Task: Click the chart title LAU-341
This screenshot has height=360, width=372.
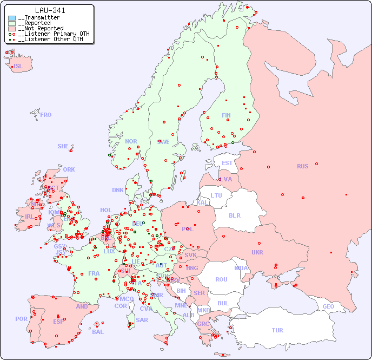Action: click(50, 10)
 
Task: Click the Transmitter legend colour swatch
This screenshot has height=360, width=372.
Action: click(12, 18)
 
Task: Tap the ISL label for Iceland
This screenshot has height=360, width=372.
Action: click(18, 67)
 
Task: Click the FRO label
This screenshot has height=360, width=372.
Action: click(46, 115)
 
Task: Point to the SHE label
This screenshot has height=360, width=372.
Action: click(63, 146)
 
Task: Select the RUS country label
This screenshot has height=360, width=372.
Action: click(302, 166)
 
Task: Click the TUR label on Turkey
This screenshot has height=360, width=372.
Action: click(277, 330)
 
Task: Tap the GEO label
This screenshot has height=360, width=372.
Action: click(328, 306)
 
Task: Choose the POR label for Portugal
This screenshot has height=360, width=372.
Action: click(21, 319)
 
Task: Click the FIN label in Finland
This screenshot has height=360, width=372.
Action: click(226, 115)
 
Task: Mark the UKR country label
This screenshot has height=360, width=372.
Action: click(257, 252)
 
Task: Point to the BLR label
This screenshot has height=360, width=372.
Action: click(234, 215)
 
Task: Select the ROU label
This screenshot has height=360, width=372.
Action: click(221, 279)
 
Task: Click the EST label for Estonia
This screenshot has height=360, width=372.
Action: click(227, 163)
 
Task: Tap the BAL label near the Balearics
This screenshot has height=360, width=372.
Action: click(98, 332)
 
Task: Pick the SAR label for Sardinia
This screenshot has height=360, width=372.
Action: click(142, 320)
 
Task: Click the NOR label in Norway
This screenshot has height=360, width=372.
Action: click(131, 141)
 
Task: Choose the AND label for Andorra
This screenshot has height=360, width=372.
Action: click(82, 306)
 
